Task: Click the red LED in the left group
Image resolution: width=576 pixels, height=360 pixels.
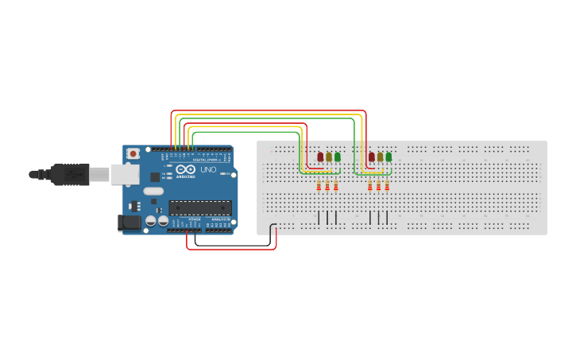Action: click(320, 157)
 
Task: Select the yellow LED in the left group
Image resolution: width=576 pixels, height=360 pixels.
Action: click(329, 157)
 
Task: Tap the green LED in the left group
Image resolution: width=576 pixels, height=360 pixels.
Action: click(338, 157)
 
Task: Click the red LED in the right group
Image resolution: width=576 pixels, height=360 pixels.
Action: click(371, 157)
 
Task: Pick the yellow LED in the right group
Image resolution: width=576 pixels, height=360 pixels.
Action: click(380, 157)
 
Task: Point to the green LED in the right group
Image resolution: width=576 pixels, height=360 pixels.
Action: click(389, 157)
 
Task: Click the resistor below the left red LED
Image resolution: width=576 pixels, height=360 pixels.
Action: click(319, 186)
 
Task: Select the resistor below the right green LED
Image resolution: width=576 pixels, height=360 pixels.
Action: click(387, 186)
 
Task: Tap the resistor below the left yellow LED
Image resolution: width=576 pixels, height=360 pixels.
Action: click(327, 186)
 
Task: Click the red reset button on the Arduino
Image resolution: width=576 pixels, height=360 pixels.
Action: click(133, 153)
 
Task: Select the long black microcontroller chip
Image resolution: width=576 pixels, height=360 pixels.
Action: click(199, 208)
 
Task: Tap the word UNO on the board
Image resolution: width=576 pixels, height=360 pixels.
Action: click(208, 170)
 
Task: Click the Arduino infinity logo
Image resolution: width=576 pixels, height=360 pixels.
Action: click(187, 169)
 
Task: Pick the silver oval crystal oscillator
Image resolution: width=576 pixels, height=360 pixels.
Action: click(153, 191)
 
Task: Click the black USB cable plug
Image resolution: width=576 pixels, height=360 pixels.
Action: click(72, 173)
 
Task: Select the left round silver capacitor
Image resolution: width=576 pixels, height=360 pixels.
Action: click(152, 222)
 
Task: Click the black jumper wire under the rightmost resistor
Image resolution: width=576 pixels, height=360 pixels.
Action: click(387, 218)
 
